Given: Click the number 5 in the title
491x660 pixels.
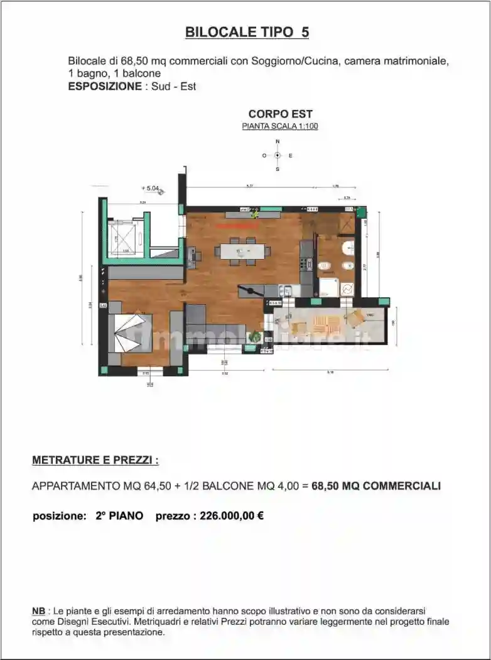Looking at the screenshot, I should tap(305, 33).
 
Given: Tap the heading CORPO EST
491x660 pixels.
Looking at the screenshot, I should tap(280, 114).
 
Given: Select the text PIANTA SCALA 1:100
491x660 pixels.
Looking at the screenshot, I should tap(280, 126).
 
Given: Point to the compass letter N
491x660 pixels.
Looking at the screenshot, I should tap(278, 143).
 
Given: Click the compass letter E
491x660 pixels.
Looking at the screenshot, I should tap(291, 155).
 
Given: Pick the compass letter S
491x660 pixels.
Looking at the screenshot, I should tap(278, 168).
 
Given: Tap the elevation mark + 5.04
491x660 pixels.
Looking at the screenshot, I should tap(151, 187).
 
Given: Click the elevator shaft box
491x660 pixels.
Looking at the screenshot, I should tap(126, 239).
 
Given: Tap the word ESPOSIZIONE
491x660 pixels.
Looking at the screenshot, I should tap(104, 86).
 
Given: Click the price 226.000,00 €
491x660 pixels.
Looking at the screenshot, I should tap(231, 516).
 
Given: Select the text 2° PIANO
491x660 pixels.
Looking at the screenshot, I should tap(119, 516).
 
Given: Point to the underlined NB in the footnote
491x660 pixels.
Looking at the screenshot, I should tap(38, 611).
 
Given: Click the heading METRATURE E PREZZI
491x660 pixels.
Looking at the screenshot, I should tap(95, 460).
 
